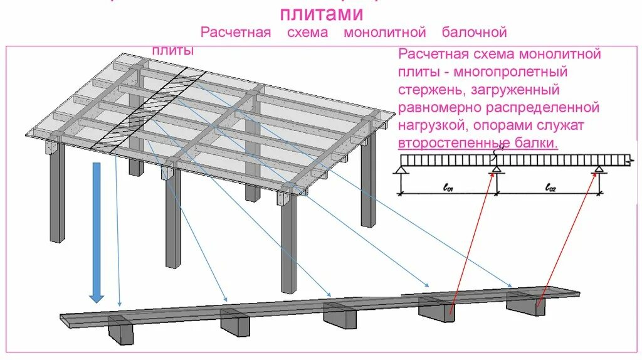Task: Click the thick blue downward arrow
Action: [x=96, y=232]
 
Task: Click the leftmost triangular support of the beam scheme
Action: [x=402, y=169]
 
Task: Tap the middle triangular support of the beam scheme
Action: [x=496, y=169]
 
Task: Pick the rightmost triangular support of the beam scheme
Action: [x=599, y=169]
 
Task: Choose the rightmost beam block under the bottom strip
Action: [x=526, y=304]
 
